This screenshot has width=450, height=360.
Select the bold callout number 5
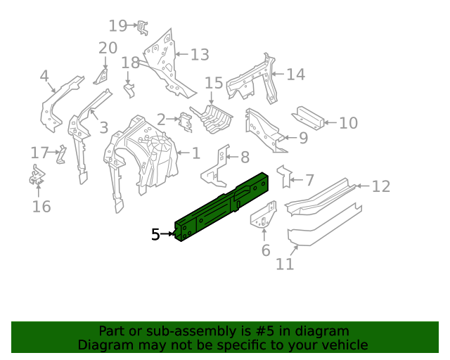156,235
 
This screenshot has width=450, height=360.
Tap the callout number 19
117,26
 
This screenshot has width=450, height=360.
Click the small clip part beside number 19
142,27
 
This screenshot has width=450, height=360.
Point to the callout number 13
200,55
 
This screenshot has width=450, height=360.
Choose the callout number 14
295,74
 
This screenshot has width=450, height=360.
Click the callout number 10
348,124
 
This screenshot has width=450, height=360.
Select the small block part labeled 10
309,116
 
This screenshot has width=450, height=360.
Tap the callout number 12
380,186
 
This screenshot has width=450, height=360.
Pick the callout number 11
284,264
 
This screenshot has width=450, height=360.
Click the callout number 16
41,206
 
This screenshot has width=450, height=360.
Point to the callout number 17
40,153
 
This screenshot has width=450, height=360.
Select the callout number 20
108,48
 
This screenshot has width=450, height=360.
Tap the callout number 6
265,251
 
